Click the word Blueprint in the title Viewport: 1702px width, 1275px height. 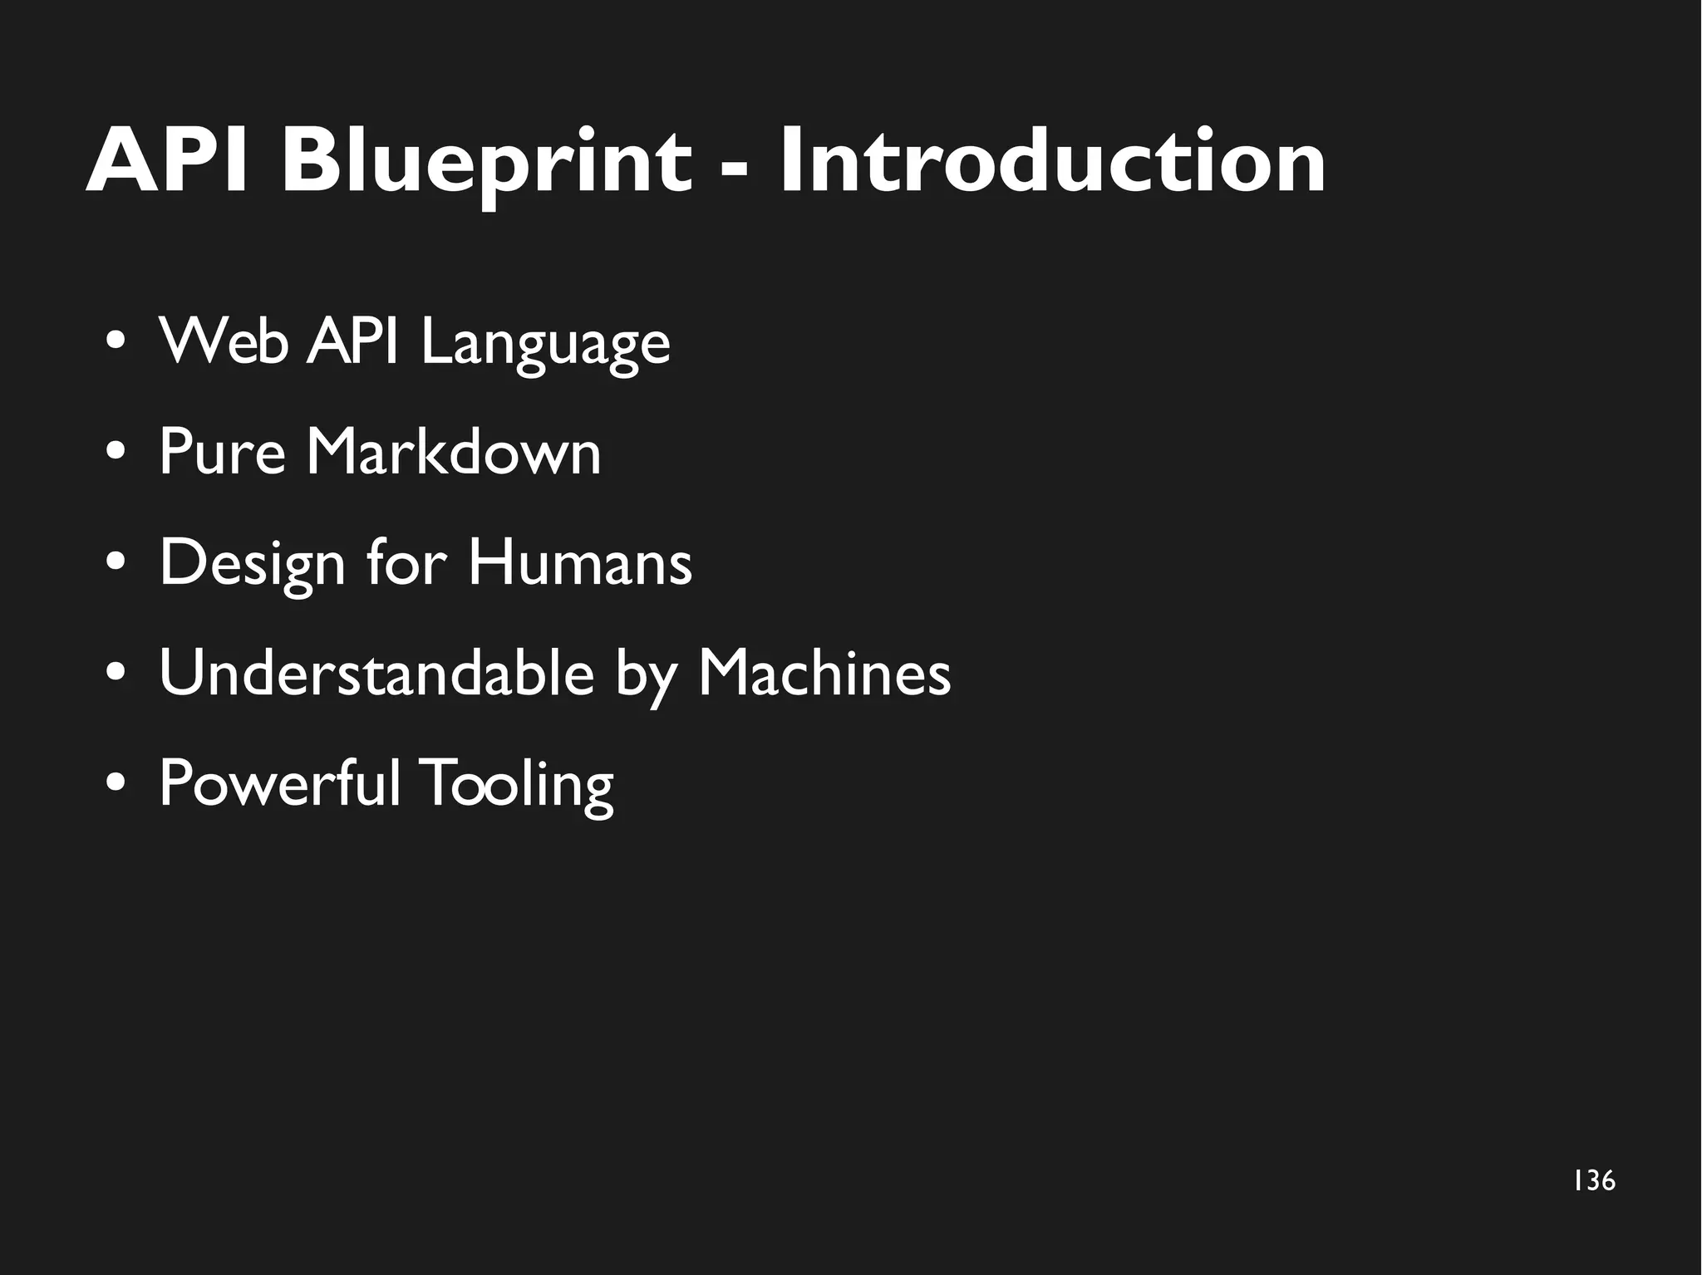[486, 162]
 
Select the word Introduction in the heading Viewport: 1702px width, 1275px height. [1052, 162]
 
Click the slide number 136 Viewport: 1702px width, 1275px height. [1594, 1180]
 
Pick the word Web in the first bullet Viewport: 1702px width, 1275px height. [224, 341]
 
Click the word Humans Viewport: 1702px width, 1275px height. [579, 562]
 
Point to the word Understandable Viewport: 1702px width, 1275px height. [376, 673]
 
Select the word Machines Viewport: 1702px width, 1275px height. [824, 673]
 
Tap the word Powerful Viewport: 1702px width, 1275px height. [279, 782]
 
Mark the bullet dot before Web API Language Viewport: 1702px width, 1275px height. [116, 343]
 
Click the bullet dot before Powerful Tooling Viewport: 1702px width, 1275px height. [116, 784]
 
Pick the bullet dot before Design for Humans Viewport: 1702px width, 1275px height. [116, 564]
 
